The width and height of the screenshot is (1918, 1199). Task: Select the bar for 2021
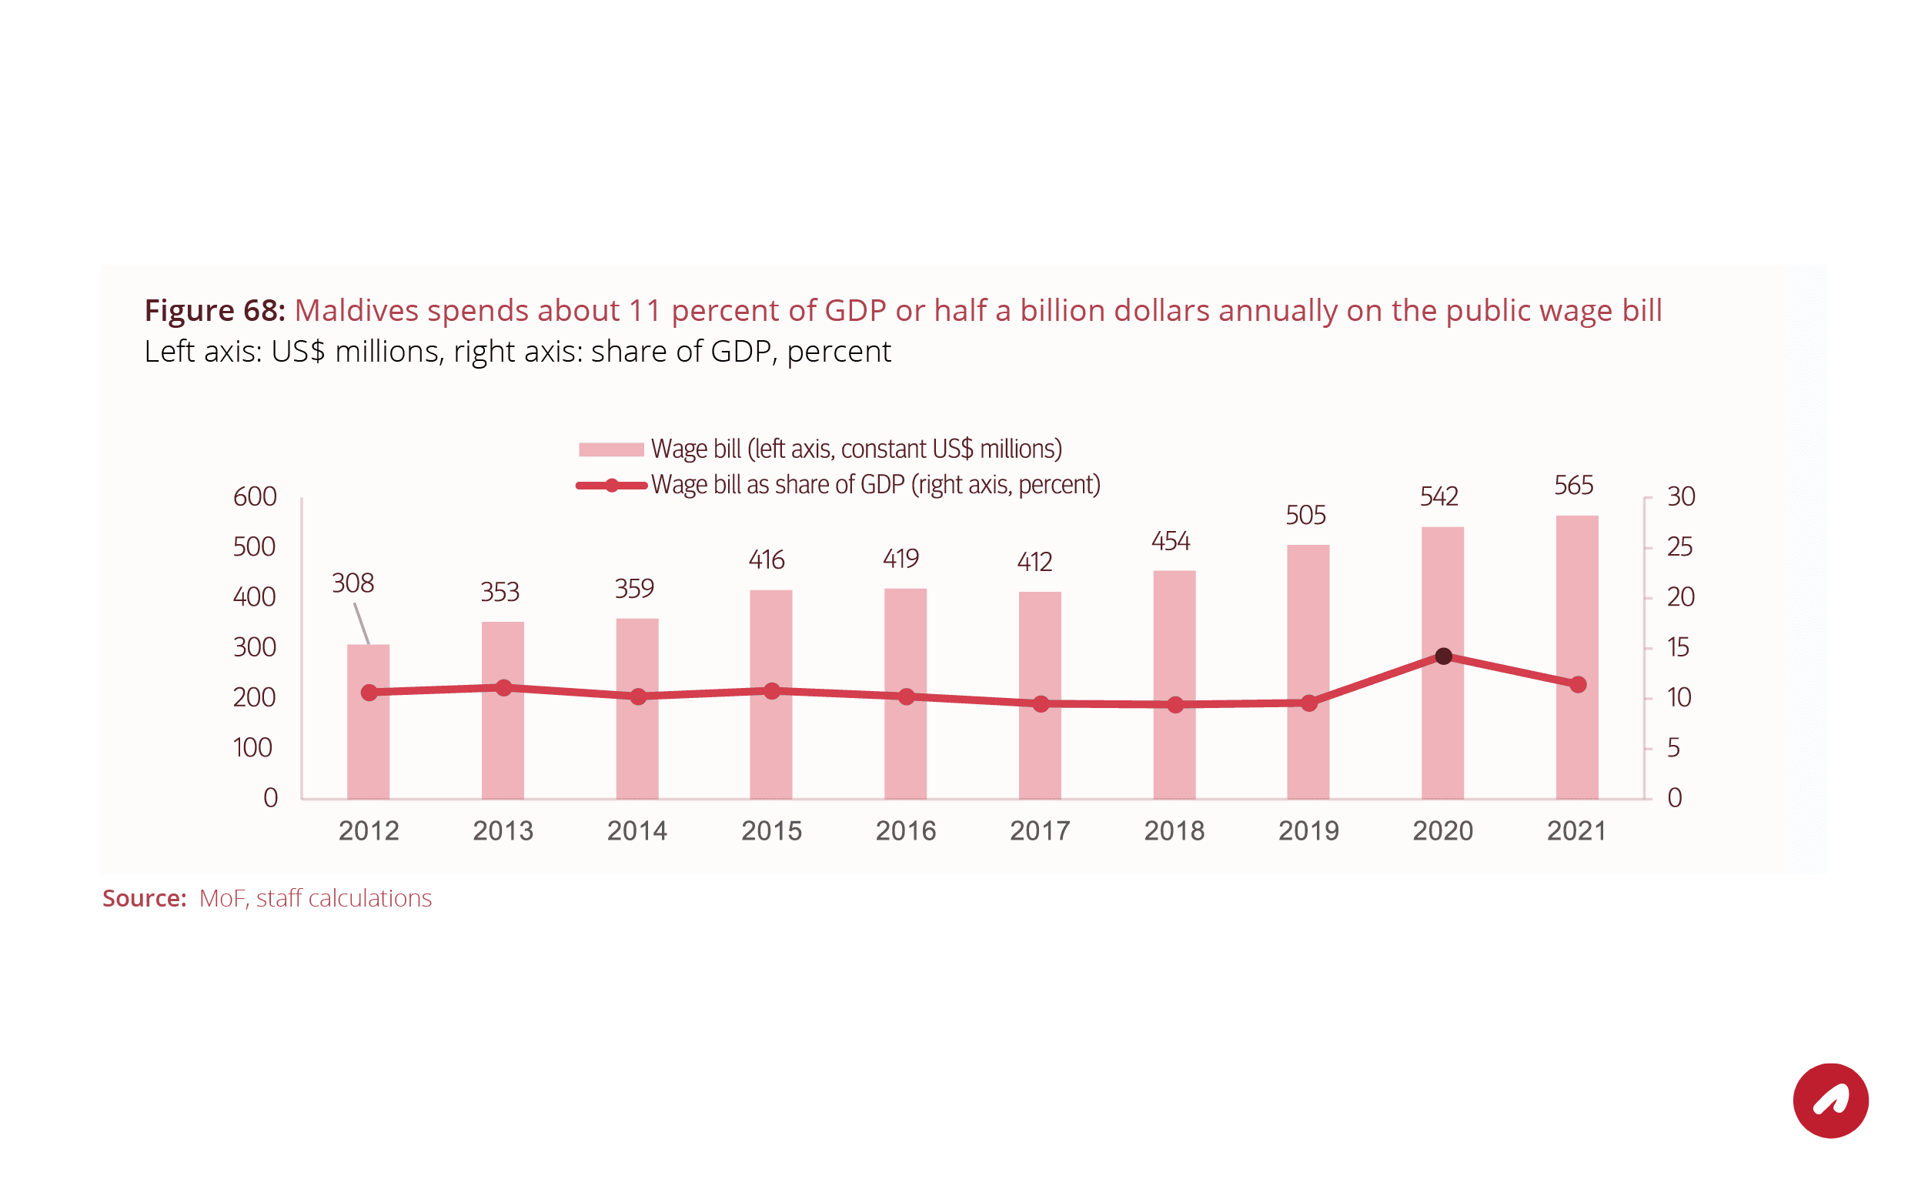(1576, 603)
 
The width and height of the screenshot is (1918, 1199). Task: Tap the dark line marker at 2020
(1443, 656)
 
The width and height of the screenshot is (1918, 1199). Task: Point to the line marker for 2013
(503, 687)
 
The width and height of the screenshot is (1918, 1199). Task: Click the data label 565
(1573, 486)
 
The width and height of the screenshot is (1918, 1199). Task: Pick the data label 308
(352, 583)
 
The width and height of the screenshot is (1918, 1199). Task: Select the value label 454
(1171, 542)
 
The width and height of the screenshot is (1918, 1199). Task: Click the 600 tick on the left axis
(255, 497)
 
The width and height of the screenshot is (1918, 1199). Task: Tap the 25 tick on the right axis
(1679, 547)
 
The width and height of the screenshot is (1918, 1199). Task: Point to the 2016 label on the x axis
(905, 831)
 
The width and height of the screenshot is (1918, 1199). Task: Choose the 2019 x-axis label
(1308, 831)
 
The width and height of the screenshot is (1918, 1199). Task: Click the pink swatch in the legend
(610, 449)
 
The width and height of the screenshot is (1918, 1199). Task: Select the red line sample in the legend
(611, 486)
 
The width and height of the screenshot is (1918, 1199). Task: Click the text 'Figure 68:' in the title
(214, 311)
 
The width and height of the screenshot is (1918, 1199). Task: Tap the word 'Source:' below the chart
(144, 898)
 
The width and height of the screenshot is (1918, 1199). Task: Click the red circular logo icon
(1830, 1100)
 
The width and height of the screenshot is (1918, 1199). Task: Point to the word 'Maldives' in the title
(356, 311)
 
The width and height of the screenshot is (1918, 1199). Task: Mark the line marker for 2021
(1578, 684)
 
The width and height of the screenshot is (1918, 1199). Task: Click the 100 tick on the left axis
(253, 748)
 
